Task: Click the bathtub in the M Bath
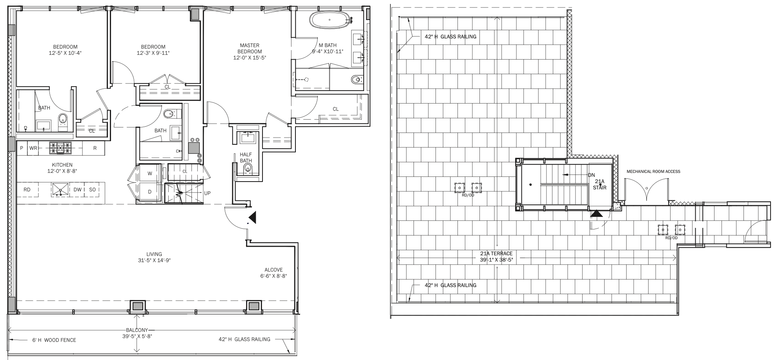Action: pos(330,19)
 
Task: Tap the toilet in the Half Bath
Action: pos(248,169)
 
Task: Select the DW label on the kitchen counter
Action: pos(78,190)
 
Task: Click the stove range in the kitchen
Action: pos(60,148)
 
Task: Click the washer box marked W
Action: pos(149,173)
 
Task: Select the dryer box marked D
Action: pos(149,192)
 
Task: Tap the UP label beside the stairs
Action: pos(208,193)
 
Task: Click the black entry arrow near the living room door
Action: pos(253,217)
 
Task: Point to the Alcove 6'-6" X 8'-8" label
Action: pos(273,273)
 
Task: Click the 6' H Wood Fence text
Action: pos(54,340)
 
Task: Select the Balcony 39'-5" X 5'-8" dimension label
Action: pos(137,333)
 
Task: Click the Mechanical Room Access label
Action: pos(653,171)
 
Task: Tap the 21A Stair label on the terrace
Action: pos(600,184)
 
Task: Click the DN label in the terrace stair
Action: pos(591,175)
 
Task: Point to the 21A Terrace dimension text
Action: pos(496,256)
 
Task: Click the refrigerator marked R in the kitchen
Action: pos(95,148)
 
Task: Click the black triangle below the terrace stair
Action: pos(596,214)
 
